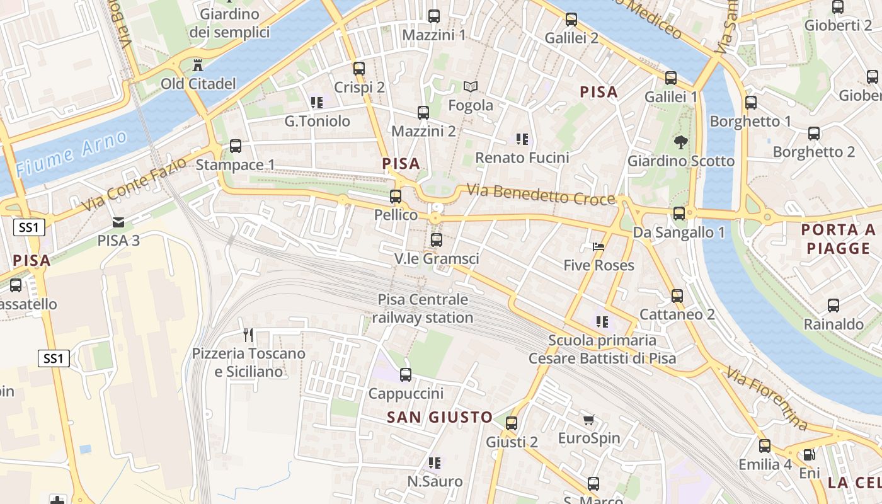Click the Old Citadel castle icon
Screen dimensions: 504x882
click(x=198, y=65)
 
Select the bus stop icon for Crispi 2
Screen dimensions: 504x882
click(x=359, y=69)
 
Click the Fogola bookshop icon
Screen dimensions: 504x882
click(x=471, y=86)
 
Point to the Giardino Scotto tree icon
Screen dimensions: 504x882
click(x=680, y=142)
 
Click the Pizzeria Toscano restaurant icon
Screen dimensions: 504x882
click(x=248, y=335)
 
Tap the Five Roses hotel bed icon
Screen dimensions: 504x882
click(x=598, y=246)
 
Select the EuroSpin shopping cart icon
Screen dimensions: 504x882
click(x=588, y=420)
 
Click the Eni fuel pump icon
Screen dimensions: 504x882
click(x=810, y=454)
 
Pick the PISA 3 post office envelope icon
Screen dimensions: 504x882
click(x=118, y=222)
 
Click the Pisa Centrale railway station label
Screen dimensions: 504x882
click(x=423, y=309)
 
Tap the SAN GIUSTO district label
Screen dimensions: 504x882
click(x=439, y=417)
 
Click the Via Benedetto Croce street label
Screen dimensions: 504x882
click(x=541, y=195)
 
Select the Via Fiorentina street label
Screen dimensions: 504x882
click(x=766, y=399)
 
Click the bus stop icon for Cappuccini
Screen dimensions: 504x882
click(x=406, y=375)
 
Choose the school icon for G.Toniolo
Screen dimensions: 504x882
click(x=316, y=102)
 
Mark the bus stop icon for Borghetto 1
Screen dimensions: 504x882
click(x=751, y=103)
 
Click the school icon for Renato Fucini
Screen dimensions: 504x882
click(x=522, y=139)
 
